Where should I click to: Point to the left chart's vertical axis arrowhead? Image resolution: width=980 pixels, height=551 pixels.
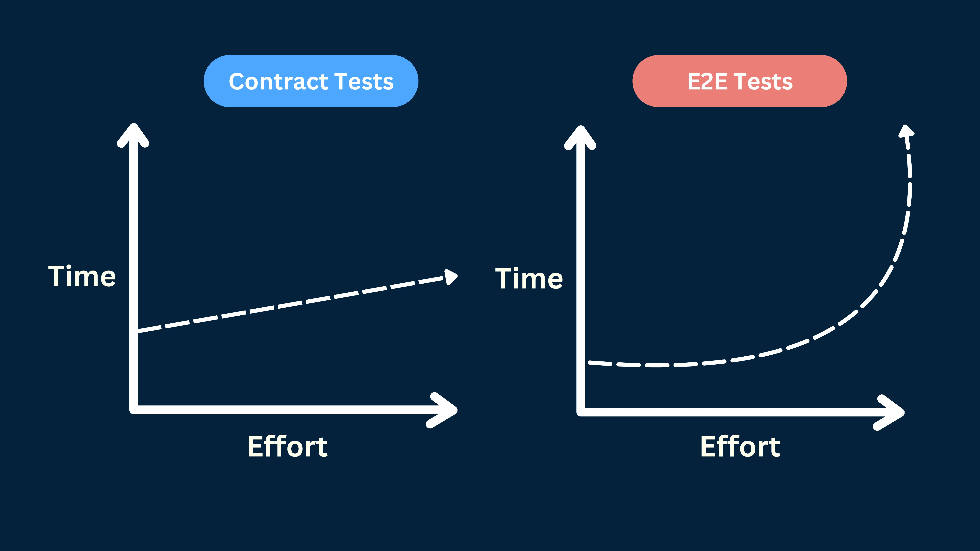click(x=133, y=133)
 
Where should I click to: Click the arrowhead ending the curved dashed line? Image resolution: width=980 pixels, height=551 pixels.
click(x=906, y=131)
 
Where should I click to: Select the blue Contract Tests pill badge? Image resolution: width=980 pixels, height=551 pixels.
click(x=311, y=81)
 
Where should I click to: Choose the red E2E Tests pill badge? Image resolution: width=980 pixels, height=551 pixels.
click(x=740, y=81)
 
